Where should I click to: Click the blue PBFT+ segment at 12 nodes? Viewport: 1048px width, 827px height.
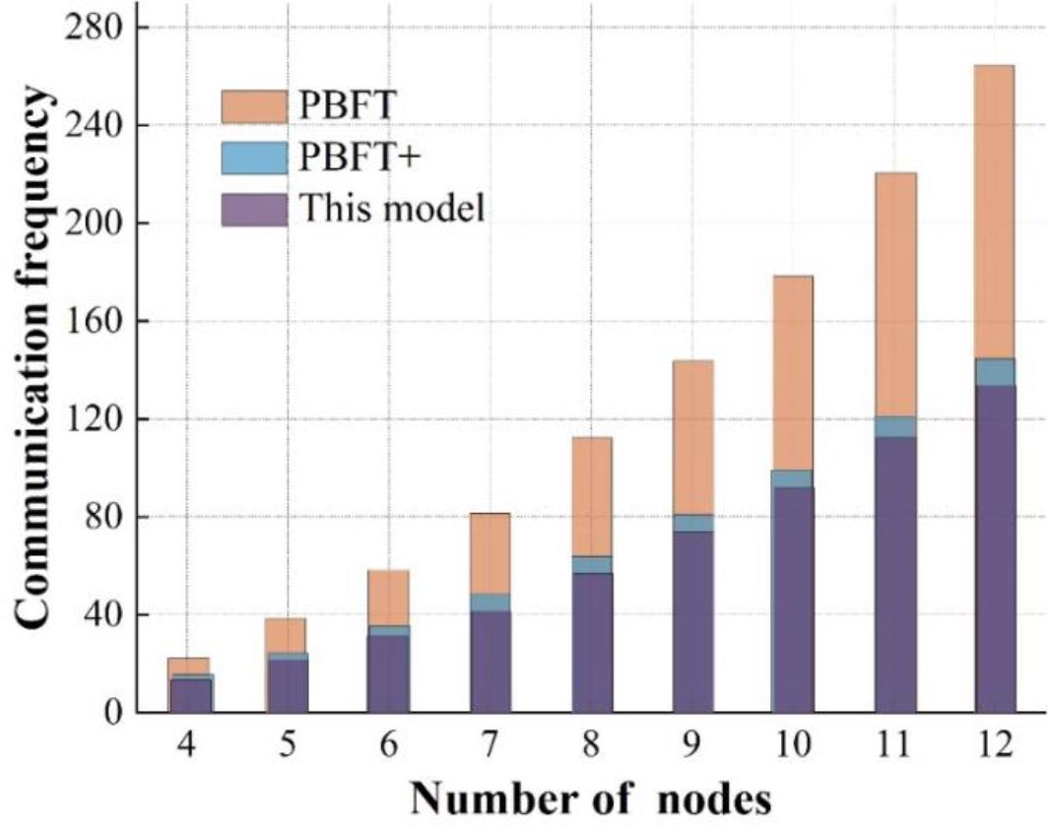pyautogui.click(x=994, y=371)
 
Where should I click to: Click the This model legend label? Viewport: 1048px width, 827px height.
pyautogui.click(x=391, y=209)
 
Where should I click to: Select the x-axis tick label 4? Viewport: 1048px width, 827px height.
pyautogui.click(x=185, y=745)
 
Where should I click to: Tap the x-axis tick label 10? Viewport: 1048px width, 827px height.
pyautogui.click(x=792, y=745)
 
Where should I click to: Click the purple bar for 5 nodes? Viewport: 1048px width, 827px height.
pyautogui.click(x=287, y=685)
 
